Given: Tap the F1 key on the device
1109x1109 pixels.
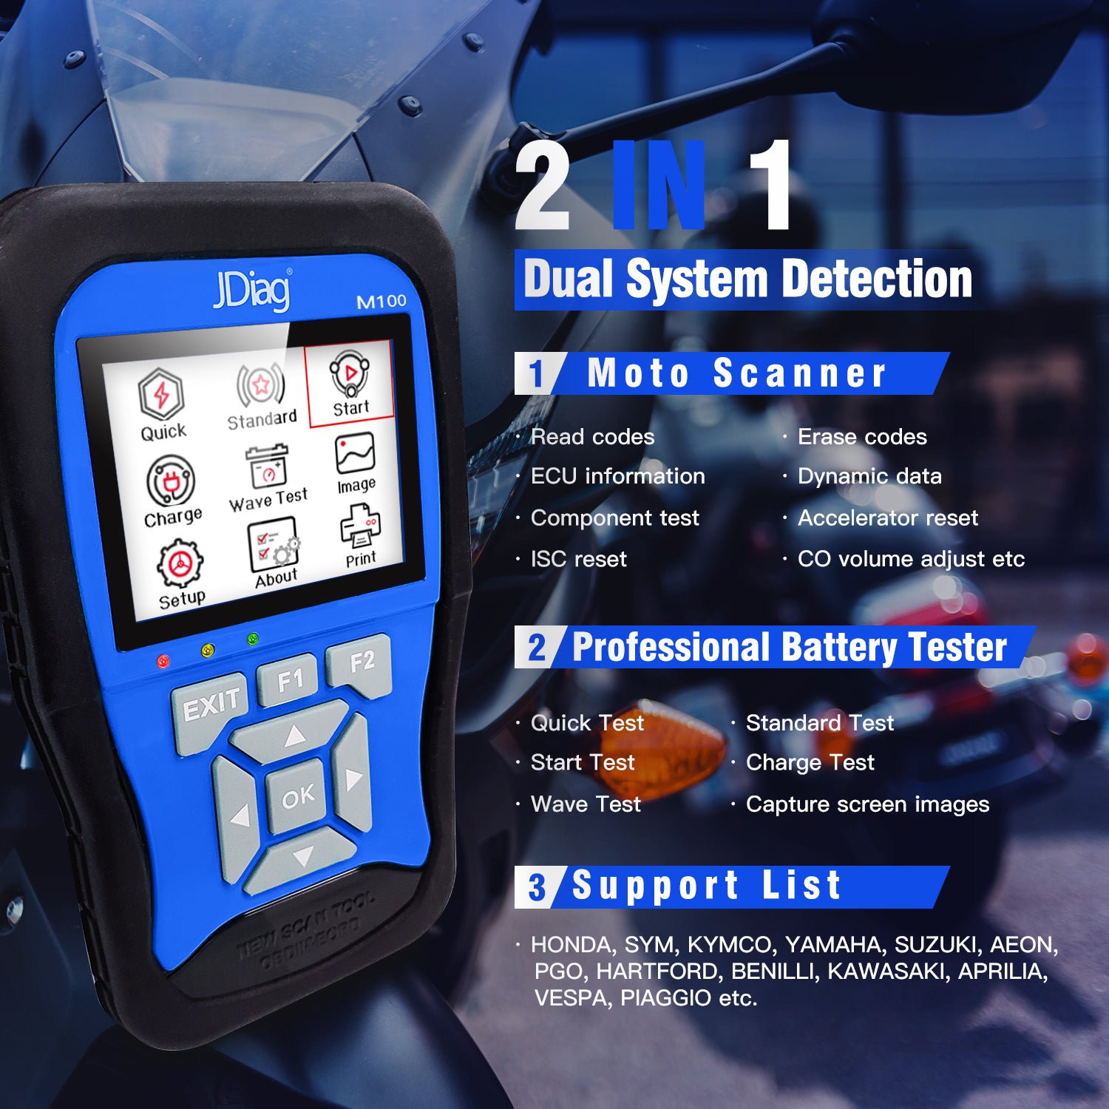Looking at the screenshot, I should click(290, 679).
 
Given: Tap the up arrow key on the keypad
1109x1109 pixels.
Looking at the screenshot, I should click(294, 735).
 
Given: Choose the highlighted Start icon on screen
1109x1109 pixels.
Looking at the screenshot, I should click(350, 384).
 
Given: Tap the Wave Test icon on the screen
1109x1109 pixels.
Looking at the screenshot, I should click(268, 477).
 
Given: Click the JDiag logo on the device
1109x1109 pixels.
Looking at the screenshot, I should click(252, 290).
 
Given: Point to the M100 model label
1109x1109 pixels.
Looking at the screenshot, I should click(381, 301).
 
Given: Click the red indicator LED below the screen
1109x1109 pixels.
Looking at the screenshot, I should click(163, 660).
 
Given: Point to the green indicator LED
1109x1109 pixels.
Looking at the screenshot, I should click(253, 638).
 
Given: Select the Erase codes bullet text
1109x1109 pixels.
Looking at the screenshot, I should click(862, 437).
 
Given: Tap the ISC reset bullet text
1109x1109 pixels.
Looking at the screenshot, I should click(578, 559).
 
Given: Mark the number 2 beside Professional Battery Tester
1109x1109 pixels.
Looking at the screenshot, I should click(536, 648).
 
